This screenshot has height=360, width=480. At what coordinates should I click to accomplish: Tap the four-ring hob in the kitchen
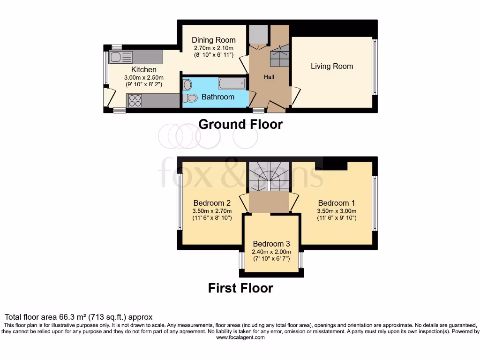tap(135, 101)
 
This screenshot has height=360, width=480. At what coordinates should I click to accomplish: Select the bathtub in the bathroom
tap(232, 84)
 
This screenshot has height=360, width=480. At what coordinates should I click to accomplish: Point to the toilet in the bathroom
tap(190, 98)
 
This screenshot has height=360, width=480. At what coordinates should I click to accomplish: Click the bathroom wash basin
tap(187, 85)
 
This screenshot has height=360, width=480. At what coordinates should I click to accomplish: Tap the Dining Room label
tap(214, 40)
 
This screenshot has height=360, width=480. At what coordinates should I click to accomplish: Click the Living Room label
tap(332, 67)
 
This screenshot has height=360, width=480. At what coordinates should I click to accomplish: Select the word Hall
tap(269, 77)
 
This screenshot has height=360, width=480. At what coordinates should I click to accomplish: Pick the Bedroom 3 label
tap(271, 244)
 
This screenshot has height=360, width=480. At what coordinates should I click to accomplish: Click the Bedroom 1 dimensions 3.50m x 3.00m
tap(337, 211)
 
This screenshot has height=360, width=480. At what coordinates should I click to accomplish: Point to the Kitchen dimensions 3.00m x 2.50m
tap(143, 78)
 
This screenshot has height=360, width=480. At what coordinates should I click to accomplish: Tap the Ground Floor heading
tap(240, 124)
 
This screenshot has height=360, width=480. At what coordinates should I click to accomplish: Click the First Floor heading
tap(240, 288)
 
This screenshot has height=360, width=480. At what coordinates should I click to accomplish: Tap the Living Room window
tap(374, 67)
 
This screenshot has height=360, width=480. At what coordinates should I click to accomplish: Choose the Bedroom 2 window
tap(180, 202)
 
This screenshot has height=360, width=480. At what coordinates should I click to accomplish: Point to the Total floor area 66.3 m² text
tap(78, 317)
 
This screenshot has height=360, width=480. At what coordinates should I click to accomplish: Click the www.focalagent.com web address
tap(240, 337)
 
